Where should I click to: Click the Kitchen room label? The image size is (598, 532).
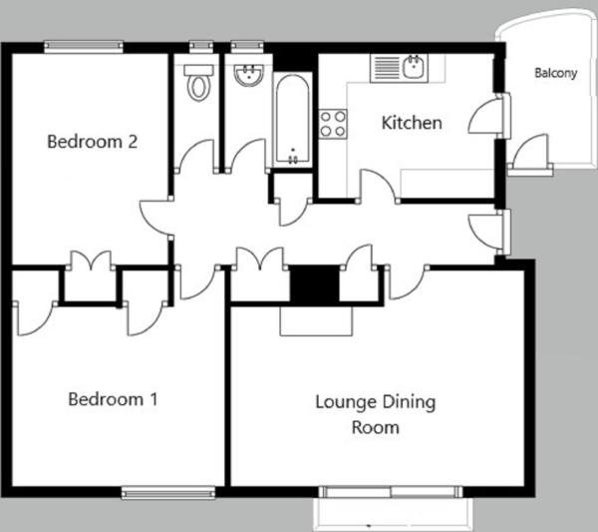click(x=412, y=123)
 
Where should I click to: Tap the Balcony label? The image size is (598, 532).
click(x=556, y=73)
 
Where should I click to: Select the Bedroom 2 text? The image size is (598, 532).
click(x=92, y=142)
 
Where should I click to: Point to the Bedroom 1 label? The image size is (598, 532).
click(x=113, y=399)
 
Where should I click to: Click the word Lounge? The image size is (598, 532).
click(x=346, y=403)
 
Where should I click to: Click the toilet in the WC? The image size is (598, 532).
click(x=198, y=83)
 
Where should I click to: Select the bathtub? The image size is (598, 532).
click(x=292, y=119)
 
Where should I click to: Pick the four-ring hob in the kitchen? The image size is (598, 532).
click(x=333, y=124)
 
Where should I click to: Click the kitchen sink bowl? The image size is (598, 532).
click(x=414, y=68)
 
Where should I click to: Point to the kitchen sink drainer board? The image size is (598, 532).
click(x=387, y=68)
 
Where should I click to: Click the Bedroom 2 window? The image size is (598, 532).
click(x=83, y=47)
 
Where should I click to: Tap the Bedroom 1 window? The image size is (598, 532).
click(x=168, y=493)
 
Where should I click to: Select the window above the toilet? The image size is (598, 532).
click(x=201, y=46)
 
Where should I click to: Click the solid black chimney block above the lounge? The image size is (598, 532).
click(x=315, y=284)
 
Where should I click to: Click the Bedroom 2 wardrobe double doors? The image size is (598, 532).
click(x=91, y=261)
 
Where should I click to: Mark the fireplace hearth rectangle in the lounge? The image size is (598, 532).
click(x=316, y=320)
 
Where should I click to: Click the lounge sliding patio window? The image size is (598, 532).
click(x=391, y=492)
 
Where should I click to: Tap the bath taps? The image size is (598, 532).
click(x=293, y=158)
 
